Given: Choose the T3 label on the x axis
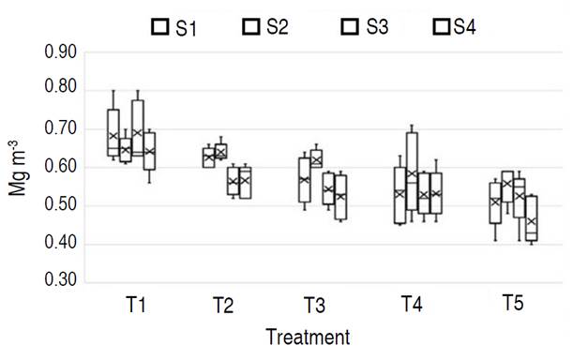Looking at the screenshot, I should (x=314, y=305).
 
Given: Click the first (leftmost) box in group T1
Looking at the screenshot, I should (x=113, y=132).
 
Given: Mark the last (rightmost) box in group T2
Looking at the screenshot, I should (x=246, y=182).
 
